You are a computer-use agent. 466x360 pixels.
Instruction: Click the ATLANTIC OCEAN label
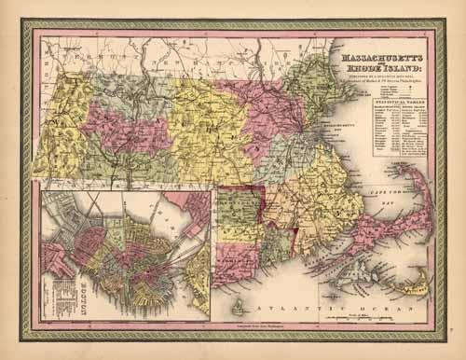click(x=298, y=306)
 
